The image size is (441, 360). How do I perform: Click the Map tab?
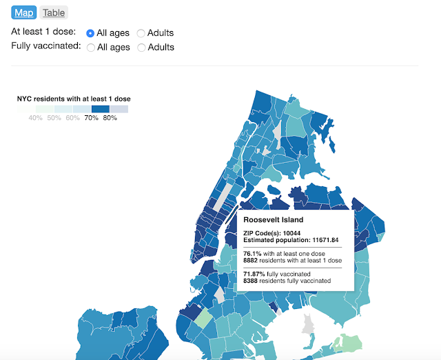pos(23,12)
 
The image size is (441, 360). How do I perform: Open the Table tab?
pos(54,12)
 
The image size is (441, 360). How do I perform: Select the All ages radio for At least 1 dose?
pos(90,32)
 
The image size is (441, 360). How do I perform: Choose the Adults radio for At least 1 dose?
pos(141,32)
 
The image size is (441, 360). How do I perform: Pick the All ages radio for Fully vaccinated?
pos(90,48)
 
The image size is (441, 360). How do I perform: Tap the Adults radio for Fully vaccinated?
pos(141,48)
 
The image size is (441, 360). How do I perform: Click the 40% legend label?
pos(35,118)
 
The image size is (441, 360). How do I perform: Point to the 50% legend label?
pos(54,118)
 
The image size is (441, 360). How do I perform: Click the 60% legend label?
pos(72,118)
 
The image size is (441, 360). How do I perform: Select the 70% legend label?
pos(91,118)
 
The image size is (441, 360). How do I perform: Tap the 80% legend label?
pos(110,118)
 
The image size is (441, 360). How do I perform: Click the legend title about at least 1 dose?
pos(74,99)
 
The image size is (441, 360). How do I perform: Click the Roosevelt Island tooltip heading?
pos(274,220)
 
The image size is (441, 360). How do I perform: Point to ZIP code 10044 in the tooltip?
pos(290,233)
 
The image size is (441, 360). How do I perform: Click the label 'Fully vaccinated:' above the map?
pos(46,47)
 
